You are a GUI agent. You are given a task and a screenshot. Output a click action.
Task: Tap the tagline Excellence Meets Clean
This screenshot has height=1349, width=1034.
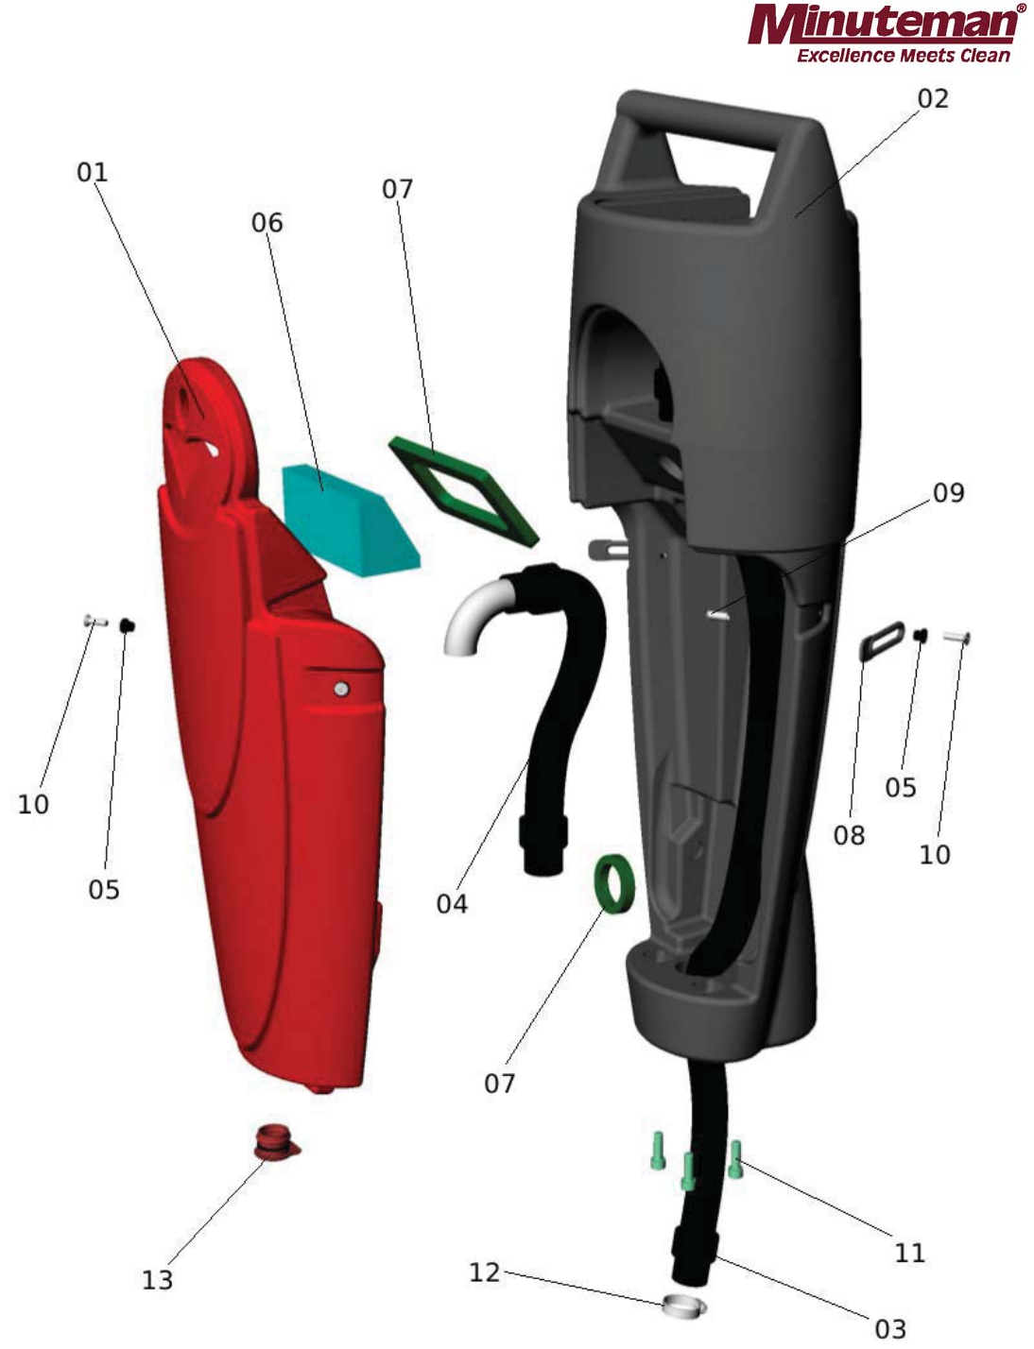click(903, 56)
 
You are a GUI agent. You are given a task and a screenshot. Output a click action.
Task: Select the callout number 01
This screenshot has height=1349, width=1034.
click(93, 173)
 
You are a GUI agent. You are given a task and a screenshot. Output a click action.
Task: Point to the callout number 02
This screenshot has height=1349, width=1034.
click(932, 99)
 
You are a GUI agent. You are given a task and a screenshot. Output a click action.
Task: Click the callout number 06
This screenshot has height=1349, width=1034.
click(267, 223)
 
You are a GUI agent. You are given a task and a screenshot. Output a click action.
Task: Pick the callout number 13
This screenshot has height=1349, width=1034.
click(158, 1280)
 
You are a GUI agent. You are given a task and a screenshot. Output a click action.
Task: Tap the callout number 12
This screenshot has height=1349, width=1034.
click(484, 1272)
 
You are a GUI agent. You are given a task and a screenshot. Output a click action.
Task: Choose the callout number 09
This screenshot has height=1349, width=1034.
click(948, 493)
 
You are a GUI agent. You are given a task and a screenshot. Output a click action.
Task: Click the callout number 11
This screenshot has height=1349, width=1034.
click(909, 1253)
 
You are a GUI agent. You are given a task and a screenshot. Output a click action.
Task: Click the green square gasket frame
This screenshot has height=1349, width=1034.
click(463, 489)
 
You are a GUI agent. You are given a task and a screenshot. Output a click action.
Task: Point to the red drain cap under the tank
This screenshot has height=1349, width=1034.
click(275, 1141)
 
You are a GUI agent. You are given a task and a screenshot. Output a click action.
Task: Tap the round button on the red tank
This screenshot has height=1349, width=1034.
click(342, 690)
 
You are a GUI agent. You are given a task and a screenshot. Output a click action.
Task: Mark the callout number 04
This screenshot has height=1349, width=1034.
click(452, 904)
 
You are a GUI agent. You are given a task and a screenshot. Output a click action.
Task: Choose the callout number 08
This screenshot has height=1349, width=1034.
click(849, 835)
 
